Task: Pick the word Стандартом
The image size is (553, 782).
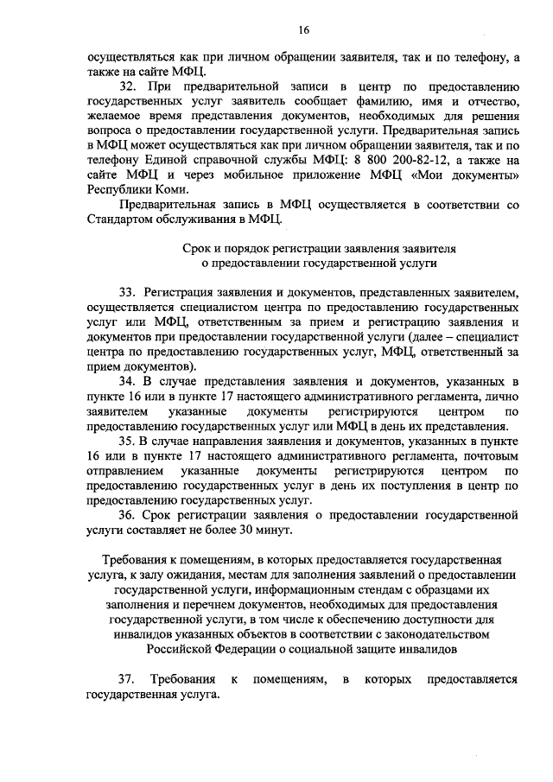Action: pos(120,220)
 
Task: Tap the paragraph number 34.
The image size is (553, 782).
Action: pos(129,381)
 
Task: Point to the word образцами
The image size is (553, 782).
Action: pos(468,588)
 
